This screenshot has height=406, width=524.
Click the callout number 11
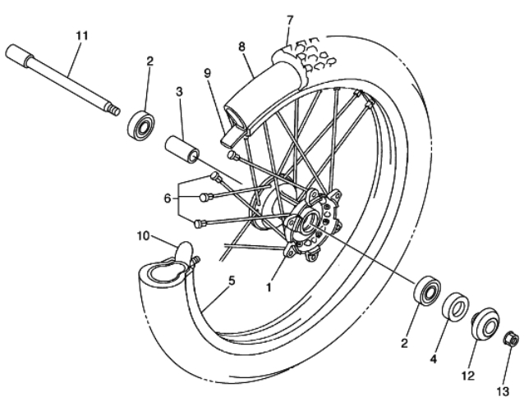82,35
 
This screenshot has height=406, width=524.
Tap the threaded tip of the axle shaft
115,111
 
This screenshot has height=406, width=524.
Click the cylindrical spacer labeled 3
182,149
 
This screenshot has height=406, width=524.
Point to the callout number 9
208,73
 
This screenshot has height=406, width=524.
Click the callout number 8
241,47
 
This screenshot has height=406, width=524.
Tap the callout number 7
290,21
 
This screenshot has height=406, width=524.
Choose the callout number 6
168,198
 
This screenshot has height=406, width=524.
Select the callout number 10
144,236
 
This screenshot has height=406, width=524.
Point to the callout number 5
232,281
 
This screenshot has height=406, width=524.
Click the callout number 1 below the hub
269,287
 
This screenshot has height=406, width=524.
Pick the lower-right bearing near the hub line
427,290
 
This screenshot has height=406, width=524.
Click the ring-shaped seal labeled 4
456,306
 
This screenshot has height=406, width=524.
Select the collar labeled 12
485,324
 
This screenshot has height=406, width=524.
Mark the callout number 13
503,391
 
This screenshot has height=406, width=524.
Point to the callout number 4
433,359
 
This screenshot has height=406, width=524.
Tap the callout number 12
468,376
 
